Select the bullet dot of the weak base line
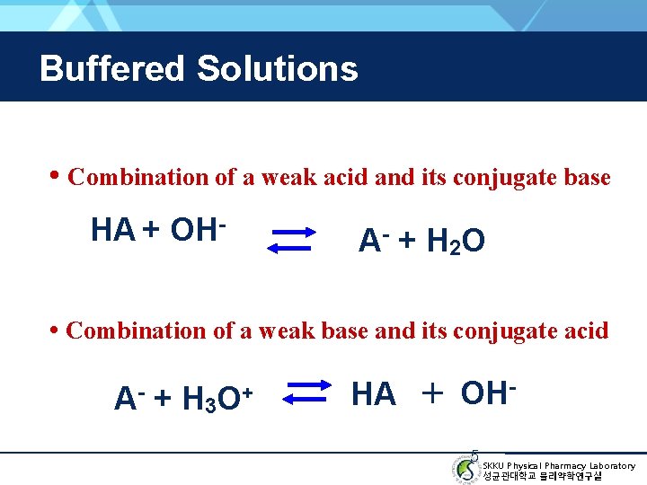tap(56, 329)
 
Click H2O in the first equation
tap(456, 241)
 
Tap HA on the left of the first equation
tap(112, 231)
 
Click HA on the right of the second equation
tap(374, 393)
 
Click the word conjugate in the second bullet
tap(499, 331)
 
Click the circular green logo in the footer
tap(465, 469)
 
